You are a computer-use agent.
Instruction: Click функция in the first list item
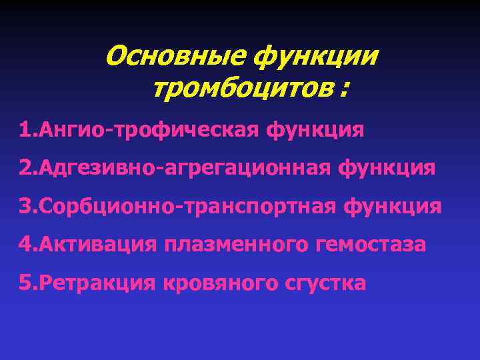(x=316, y=129)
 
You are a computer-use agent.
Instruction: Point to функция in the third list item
(x=393, y=206)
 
